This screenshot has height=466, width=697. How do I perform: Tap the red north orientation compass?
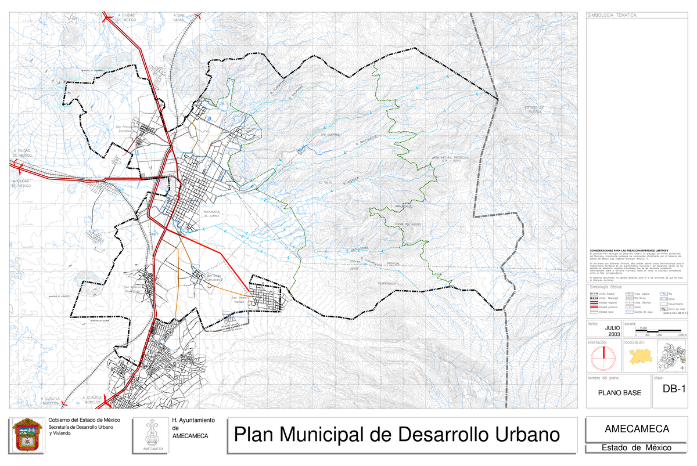coord(604,359)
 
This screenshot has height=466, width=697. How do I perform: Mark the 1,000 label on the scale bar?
coord(659,335)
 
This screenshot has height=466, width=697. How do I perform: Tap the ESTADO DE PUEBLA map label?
coord(534,110)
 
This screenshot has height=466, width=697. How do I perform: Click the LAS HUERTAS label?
coord(330,135)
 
